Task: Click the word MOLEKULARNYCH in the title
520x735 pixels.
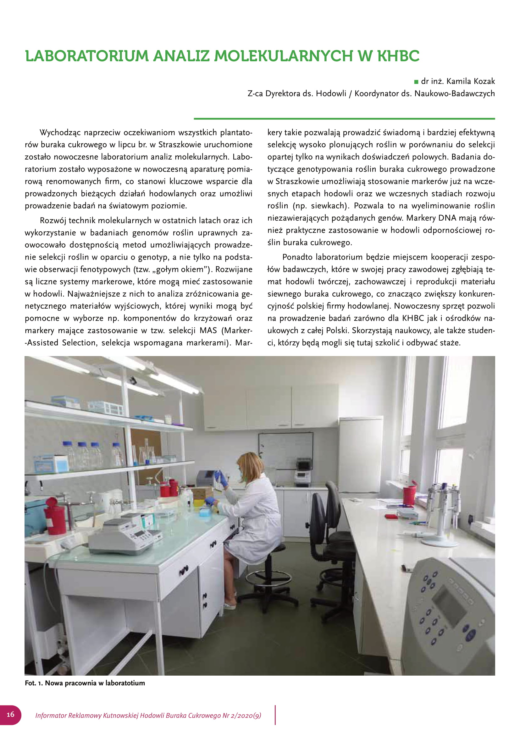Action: pyautogui.click(x=283, y=56)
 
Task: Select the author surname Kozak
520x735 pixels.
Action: pyautogui.click(x=482, y=81)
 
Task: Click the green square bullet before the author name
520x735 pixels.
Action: pyautogui.click(x=416, y=82)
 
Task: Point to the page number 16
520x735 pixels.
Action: pyautogui.click(x=11, y=714)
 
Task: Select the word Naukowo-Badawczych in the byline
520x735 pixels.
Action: pyautogui.click(x=454, y=93)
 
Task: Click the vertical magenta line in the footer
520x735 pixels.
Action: pyautogui.click(x=275, y=715)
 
